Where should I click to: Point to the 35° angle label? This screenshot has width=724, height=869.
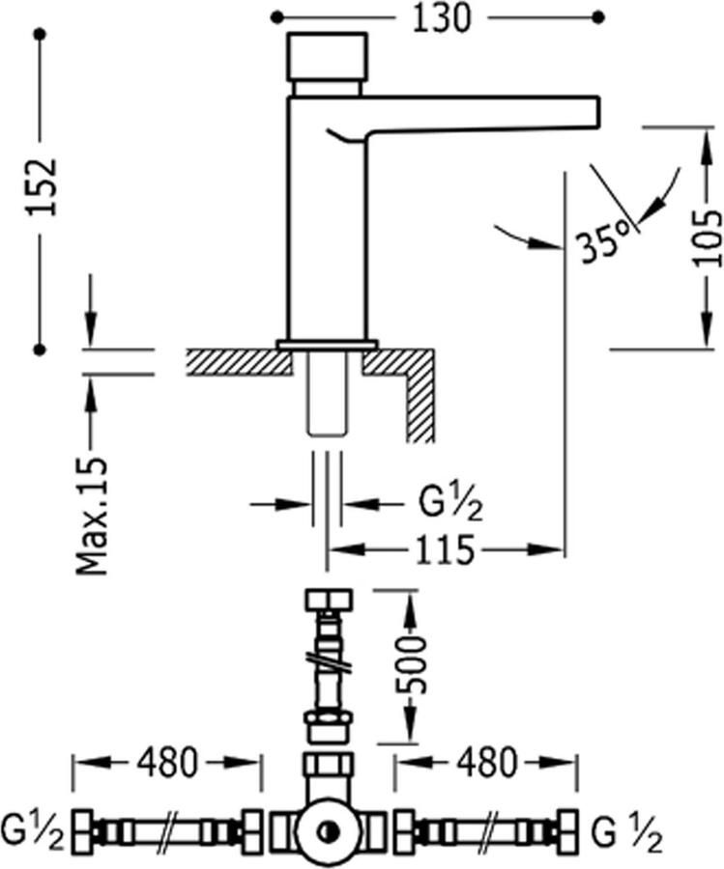pos(604,240)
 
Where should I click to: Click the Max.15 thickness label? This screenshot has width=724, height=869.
pos(94,514)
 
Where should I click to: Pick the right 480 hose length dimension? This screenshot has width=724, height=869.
pos(486,763)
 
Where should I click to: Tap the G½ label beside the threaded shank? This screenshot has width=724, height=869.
pos(450,504)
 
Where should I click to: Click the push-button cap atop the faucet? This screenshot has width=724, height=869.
pos(328,58)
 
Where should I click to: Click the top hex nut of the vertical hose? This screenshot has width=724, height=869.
pos(328,600)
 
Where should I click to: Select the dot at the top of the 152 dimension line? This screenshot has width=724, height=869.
pos(40,36)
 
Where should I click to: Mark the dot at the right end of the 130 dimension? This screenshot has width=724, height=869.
pos(599,16)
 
